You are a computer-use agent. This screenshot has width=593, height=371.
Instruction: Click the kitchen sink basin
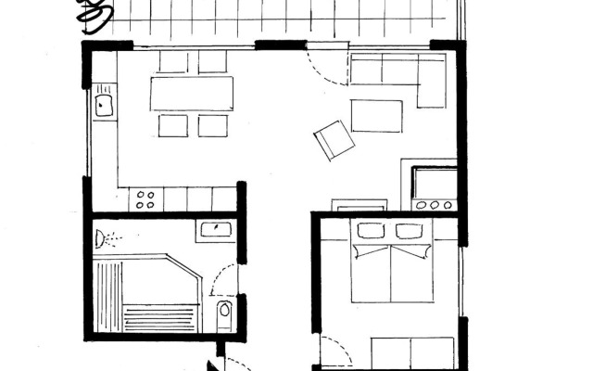coord(103,104)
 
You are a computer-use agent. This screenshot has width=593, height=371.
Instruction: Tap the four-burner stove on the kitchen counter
coord(145,198)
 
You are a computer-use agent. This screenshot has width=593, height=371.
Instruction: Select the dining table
coord(193,93)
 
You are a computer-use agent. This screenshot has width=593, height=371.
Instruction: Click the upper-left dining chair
coord(173,62)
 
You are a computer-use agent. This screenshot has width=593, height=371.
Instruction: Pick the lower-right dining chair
coord(213,125)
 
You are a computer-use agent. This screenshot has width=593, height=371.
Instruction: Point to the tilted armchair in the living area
coord(334,140)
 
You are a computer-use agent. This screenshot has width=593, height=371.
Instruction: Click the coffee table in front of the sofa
coord(376,115)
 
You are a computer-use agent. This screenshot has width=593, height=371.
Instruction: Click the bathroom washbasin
coord(214,229)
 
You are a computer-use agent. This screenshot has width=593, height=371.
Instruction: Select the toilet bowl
coord(223,313)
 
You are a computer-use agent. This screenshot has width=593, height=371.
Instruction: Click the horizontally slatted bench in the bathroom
coord(161,316)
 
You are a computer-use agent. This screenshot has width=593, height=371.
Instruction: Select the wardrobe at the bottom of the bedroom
coord(412,352)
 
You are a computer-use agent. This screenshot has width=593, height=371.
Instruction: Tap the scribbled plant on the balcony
coord(93,13)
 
